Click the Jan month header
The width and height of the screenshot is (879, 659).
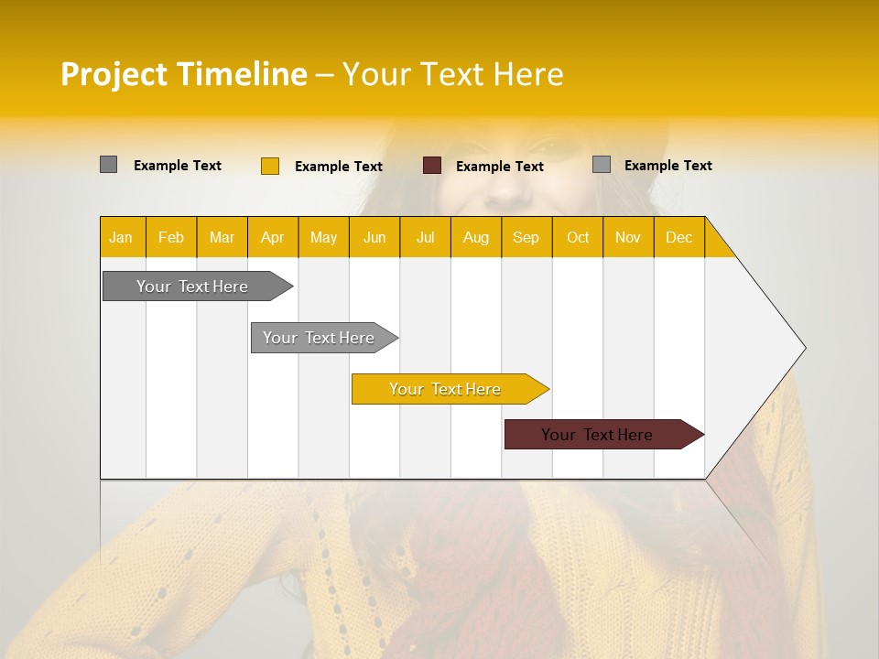(121, 237)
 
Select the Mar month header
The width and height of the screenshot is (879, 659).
(222, 237)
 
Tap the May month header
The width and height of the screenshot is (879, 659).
(323, 237)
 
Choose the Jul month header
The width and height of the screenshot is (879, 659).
(425, 237)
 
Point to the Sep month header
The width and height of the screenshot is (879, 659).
(526, 237)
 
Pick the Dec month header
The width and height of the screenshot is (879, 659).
(678, 237)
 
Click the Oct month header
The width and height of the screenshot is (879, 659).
(578, 237)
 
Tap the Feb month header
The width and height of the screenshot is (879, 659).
(171, 237)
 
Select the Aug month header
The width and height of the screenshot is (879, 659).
(475, 237)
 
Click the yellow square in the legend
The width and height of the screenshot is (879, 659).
(270, 166)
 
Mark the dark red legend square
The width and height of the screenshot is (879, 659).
(432, 166)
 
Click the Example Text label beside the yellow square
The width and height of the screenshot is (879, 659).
(339, 167)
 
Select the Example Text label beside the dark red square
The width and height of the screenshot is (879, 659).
(500, 167)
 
